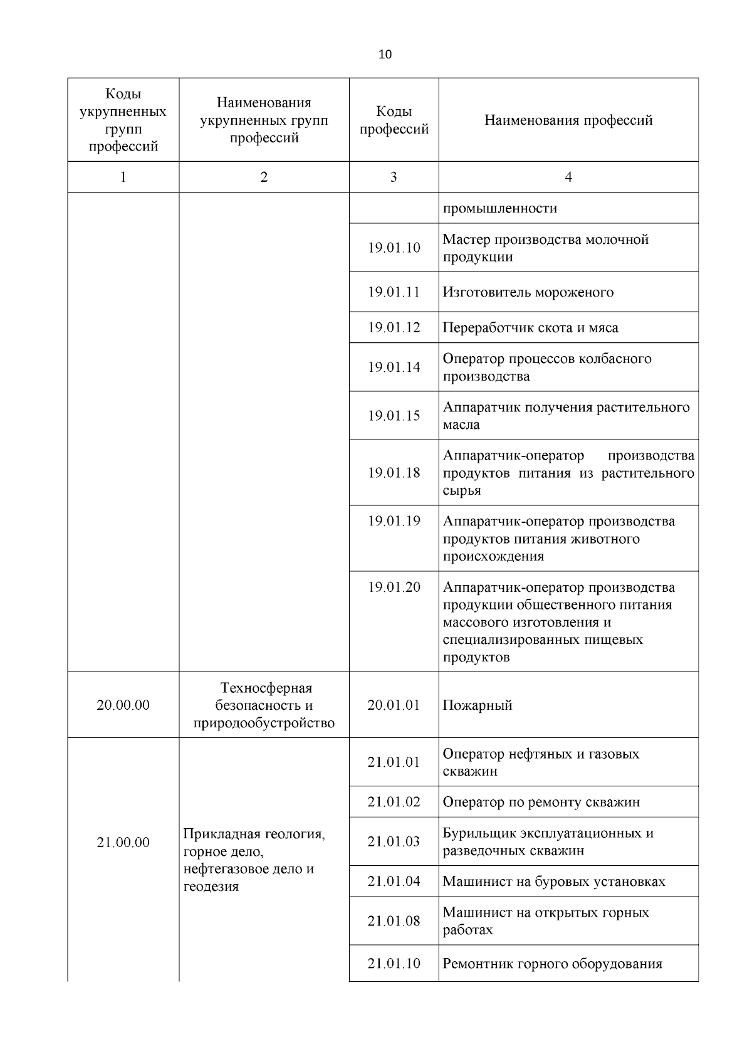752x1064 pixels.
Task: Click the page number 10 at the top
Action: point(385,55)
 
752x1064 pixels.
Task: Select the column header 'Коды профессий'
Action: point(394,120)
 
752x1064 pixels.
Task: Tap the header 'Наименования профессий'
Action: point(568,120)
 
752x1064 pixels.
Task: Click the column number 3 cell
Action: point(394,177)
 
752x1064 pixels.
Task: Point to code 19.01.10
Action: point(394,248)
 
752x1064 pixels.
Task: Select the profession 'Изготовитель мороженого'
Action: point(528,292)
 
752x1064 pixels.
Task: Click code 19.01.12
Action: point(394,327)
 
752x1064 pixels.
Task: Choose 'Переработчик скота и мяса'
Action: point(530,327)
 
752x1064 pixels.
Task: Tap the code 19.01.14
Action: point(394,367)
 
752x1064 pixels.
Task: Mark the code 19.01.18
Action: point(394,473)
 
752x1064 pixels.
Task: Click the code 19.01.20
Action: point(394,587)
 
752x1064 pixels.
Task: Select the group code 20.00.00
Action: point(123,705)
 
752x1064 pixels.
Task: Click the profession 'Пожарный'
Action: point(478,705)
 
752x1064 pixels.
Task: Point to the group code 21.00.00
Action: point(123,842)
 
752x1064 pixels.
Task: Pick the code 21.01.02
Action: point(394,802)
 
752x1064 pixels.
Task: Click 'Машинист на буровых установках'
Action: point(554,882)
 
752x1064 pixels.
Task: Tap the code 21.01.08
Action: point(394,921)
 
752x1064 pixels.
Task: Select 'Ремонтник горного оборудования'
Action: point(552,964)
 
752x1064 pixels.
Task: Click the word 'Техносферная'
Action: point(266,688)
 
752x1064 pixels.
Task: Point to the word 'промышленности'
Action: point(500,208)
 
